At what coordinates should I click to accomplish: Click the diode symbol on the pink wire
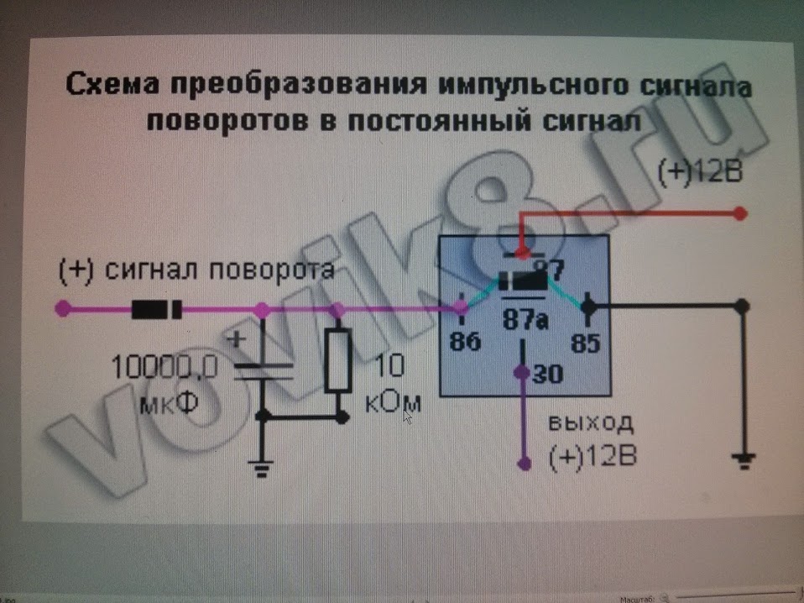click(x=157, y=310)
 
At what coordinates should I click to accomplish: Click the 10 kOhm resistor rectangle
click(x=337, y=360)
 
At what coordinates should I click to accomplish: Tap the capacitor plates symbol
click(x=262, y=372)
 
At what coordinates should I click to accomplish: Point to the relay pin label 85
click(x=587, y=342)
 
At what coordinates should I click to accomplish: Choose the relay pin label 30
click(x=548, y=375)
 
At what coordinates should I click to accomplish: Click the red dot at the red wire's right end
click(x=739, y=213)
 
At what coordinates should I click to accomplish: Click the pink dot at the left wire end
click(x=61, y=308)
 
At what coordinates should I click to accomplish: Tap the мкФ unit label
click(x=169, y=404)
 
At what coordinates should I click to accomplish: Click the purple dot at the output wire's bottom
click(x=525, y=461)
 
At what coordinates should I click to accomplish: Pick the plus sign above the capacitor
click(x=236, y=339)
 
